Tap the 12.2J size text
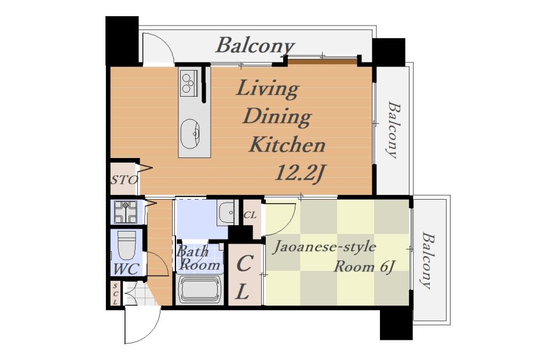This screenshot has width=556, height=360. (300, 173)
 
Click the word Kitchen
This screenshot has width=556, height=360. (287, 145)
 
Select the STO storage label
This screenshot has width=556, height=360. (124, 180)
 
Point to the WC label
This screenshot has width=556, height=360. (126, 269)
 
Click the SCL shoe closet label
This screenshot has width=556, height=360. (115, 293)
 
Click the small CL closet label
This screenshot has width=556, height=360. (250, 215)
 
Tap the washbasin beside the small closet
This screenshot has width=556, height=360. (226, 213)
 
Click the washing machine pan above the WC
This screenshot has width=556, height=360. (126, 212)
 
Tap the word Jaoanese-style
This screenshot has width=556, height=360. (324, 247)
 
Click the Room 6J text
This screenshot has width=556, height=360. (364, 266)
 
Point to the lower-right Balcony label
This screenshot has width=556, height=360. (427, 260)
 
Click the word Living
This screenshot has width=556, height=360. (268, 89)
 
